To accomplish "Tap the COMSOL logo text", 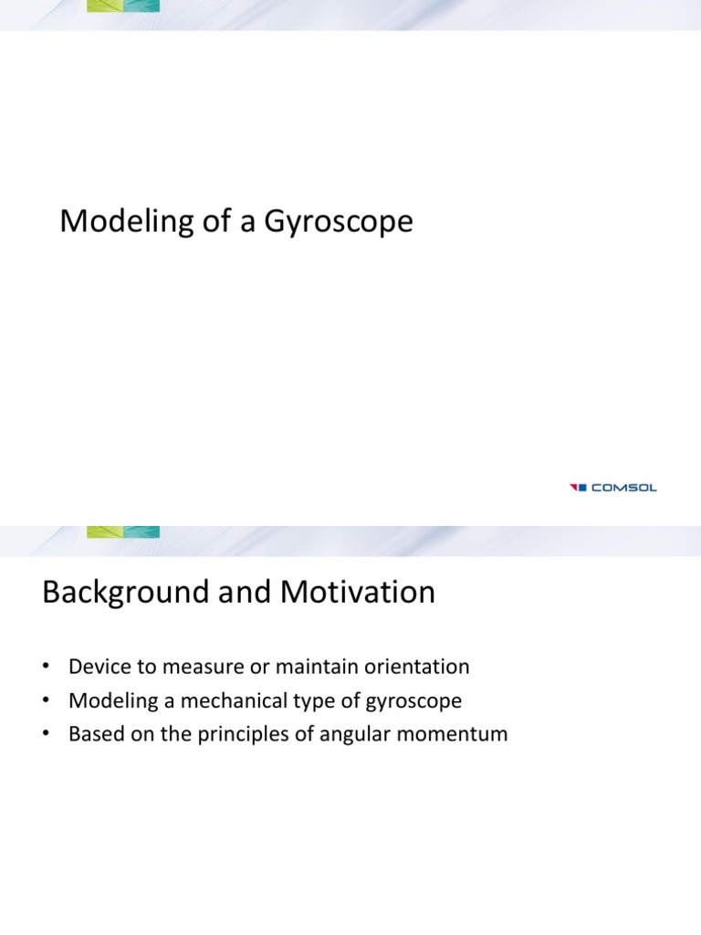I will point(624,488).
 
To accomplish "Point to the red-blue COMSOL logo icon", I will point(578,488).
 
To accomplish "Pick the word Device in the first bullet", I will point(96,667).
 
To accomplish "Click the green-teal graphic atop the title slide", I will point(123,5).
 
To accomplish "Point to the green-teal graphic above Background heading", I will point(123,531).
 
